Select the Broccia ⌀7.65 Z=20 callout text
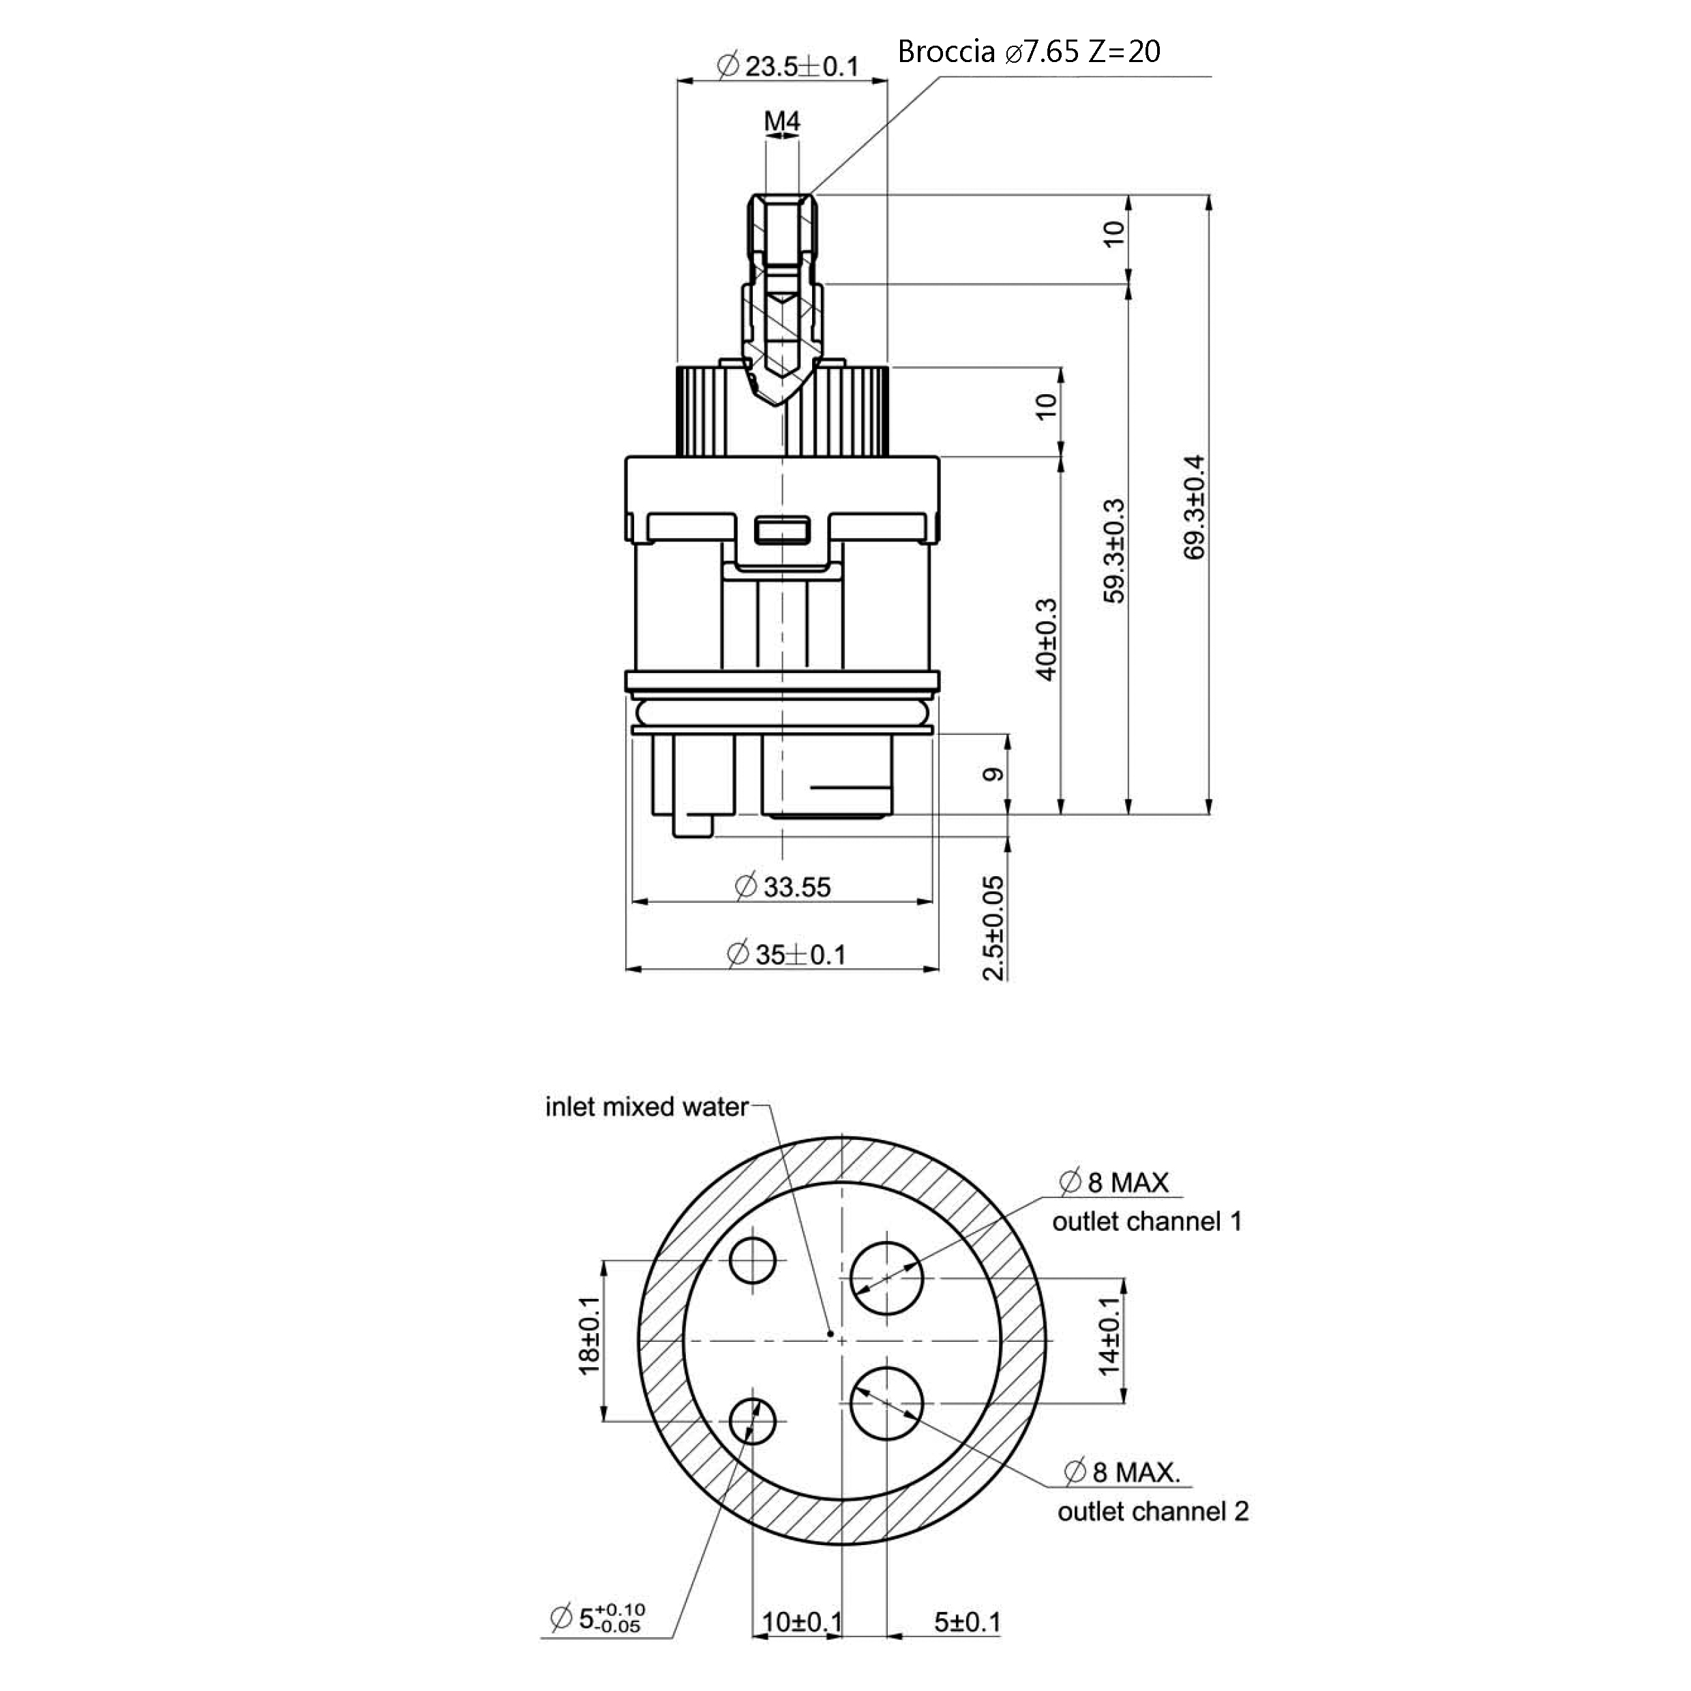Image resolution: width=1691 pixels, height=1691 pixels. tap(1030, 52)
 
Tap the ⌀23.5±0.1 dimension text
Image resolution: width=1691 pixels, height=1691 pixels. tap(788, 65)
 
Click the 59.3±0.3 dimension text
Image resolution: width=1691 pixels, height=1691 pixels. tap(1114, 550)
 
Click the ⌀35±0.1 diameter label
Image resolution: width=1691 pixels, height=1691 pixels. tap(787, 954)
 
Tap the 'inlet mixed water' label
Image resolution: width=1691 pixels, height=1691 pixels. tap(647, 1107)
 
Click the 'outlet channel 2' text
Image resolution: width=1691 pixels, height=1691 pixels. tap(1153, 1511)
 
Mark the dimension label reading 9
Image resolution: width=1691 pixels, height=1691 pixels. tap(993, 775)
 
